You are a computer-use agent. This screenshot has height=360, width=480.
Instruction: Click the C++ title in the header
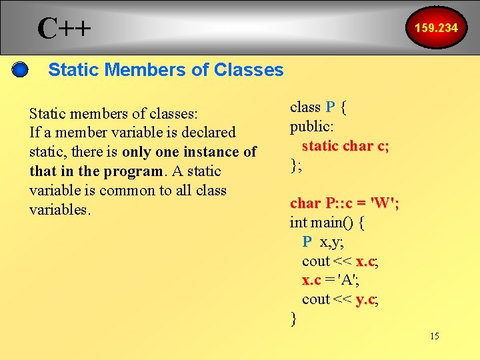point(64,27)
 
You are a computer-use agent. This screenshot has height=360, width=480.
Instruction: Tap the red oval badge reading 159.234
point(436,28)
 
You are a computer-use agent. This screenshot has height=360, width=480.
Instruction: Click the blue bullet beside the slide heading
point(21,69)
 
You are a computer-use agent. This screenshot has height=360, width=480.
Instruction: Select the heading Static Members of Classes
point(166,69)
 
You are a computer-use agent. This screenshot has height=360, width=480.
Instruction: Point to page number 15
point(434,336)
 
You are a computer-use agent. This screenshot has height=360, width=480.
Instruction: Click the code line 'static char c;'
point(345,146)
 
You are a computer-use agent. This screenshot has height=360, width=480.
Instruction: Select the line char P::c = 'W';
point(345,203)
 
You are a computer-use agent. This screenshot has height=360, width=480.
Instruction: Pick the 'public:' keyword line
point(311,126)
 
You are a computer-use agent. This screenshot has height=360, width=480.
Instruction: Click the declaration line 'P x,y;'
point(323,241)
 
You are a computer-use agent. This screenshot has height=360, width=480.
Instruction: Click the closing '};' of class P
point(296,165)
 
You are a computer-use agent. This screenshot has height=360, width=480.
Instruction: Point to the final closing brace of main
point(293,319)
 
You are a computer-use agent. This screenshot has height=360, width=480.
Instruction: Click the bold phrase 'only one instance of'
point(209,151)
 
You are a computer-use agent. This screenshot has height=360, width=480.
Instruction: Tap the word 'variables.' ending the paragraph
point(59,209)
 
